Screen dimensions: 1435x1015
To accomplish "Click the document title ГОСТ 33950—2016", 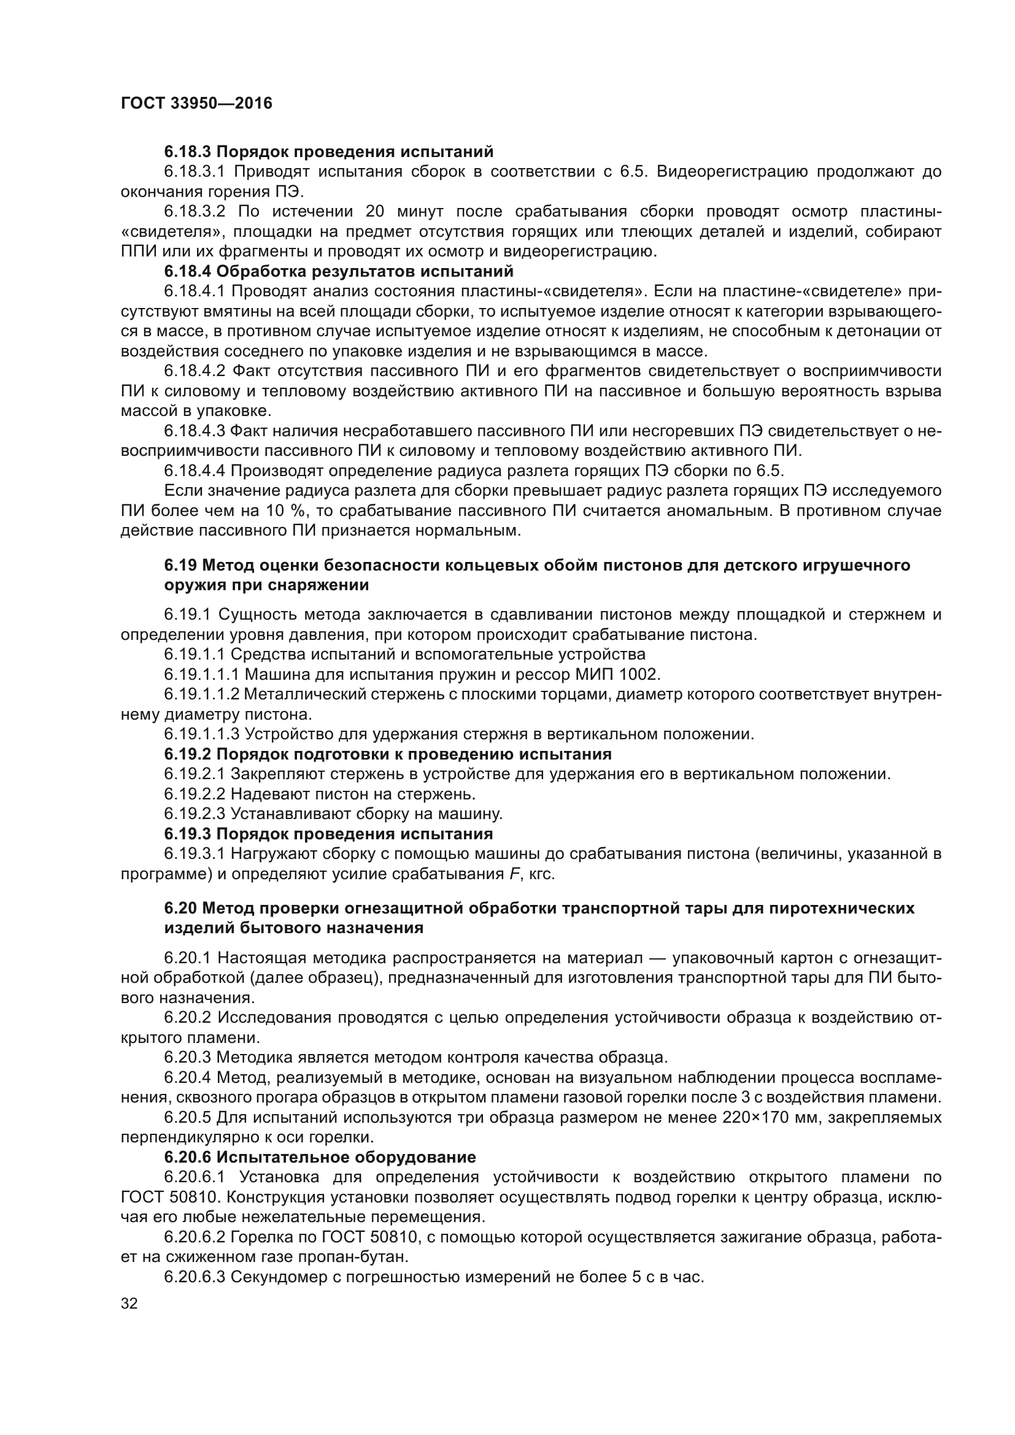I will (196, 104).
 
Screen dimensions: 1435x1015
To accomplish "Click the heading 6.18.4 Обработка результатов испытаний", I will (339, 272).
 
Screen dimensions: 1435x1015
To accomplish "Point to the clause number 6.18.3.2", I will (198, 212).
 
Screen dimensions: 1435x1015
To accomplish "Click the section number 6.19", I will (180, 566).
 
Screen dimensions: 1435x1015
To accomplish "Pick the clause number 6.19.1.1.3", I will (202, 734).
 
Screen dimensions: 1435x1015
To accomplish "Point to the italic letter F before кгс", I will (515, 874).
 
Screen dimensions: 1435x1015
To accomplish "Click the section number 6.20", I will (180, 908).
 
